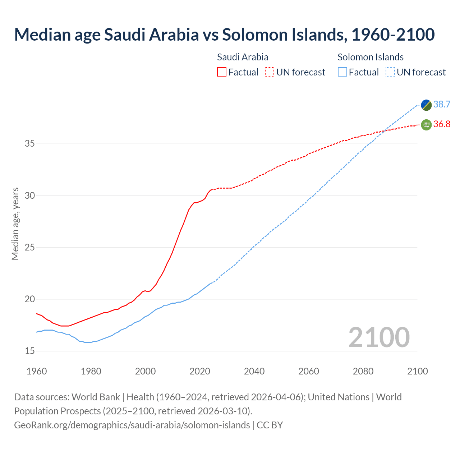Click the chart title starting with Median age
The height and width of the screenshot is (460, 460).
pos(224,34)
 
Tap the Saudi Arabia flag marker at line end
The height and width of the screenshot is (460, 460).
pos(426,125)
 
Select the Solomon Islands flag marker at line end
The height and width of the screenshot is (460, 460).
pos(426,105)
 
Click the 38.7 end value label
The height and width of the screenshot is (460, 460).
pos(442,105)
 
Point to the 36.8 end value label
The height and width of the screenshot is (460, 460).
pos(442,124)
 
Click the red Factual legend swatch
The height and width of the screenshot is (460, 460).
pos(222,72)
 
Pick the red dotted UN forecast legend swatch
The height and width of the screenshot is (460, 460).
pos(270,72)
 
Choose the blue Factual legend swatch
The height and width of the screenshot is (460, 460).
pos(342,72)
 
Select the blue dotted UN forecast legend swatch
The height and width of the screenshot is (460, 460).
pos(390,72)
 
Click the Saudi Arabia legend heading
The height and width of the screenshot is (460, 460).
pos(243,57)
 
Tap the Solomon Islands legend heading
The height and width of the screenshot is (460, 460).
pos(371,57)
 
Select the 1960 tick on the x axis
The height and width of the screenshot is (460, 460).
pos(37,371)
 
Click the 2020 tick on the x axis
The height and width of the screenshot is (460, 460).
pos(200,371)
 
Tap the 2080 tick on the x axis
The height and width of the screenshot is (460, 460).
pos(363,371)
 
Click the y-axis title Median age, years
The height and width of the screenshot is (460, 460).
pos(15,224)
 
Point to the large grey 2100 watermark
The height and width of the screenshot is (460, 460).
pos(379,337)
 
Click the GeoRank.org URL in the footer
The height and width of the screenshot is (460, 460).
pos(132,425)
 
